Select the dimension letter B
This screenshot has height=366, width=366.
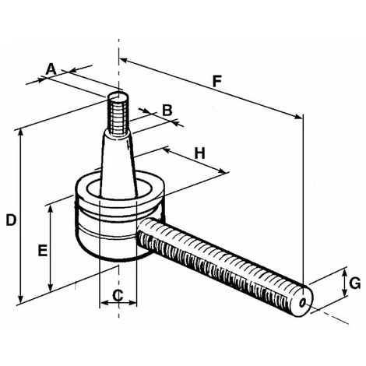167,110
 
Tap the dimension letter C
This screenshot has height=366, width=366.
118,294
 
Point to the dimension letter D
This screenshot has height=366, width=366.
10,220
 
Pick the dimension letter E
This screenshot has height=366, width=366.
42,251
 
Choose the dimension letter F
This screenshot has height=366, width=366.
216,79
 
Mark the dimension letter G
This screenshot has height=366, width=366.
354,283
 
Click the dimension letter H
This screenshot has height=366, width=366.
199,153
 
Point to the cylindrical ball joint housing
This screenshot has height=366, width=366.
117,222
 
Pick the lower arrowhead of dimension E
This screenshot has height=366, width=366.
51,285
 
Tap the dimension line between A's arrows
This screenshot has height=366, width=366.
55,76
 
